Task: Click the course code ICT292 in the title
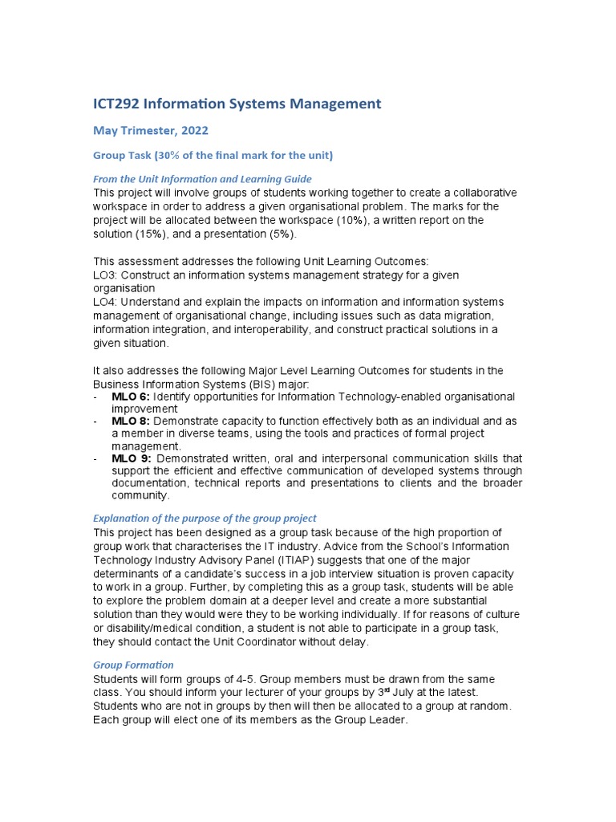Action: click(x=120, y=104)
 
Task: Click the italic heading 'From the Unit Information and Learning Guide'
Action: click(x=202, y=179)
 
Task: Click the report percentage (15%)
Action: click(x=161, y=234)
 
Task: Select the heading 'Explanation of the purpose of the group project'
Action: click(x=205, y=518)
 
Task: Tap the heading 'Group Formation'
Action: click(x=133, y=665)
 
